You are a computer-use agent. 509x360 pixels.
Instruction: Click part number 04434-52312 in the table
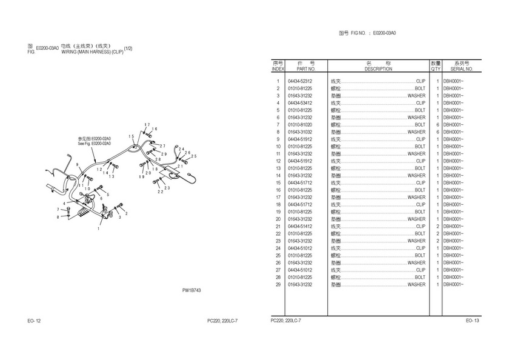click(300, 81)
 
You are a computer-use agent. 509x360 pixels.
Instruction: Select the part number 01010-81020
click(300, 125)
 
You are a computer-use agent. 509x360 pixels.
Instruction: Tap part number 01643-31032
click(300, 132)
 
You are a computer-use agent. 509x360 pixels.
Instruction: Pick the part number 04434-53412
click(300, 103)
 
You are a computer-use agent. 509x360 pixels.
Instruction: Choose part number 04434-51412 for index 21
click(300, 227)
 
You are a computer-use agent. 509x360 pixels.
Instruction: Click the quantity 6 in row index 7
click(436, 125)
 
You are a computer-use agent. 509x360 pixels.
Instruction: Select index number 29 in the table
click(278, 284)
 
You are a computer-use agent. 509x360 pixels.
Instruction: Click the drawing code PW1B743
click(191, 291)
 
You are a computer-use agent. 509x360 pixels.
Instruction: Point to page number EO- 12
click(34, 321)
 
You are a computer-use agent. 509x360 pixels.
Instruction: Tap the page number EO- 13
click(473, 321)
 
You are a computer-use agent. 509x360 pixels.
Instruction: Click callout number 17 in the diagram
click(147, 125)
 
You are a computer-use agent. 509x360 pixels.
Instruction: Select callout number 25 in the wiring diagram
click(194, 156)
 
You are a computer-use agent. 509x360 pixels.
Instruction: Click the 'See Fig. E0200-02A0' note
click(95, 144)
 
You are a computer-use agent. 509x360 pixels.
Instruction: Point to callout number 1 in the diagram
click(99, 229)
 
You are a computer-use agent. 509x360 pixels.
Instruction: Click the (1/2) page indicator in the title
click(128, 48)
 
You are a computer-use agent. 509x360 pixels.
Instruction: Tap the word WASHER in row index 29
click(416, 284)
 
